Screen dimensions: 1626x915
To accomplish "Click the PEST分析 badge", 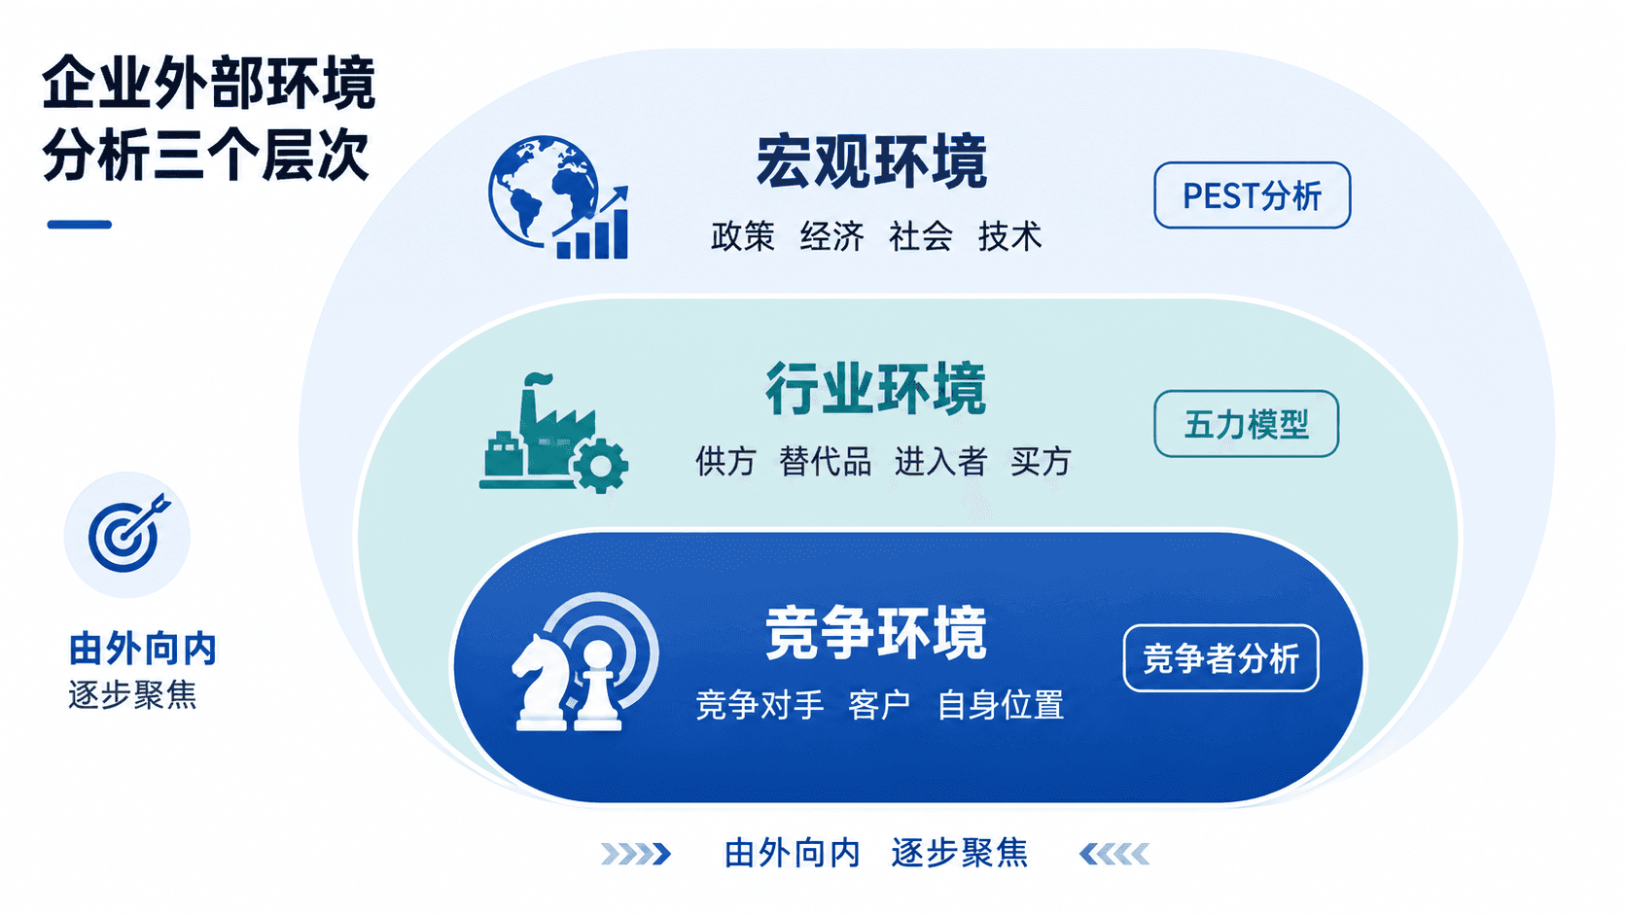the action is (1253, 195).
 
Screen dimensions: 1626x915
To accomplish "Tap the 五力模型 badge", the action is (1247, 424).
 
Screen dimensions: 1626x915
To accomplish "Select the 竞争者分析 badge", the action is (1220, 658).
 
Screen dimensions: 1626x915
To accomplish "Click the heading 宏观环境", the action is (871, 161).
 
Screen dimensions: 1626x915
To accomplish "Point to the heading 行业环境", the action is (876, 389).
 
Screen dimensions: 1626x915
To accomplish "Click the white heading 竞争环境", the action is (876, 633).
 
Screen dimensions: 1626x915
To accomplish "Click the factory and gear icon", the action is (554, 434).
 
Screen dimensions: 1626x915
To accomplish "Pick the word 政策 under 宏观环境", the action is (743, 236).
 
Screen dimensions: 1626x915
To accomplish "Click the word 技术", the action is (1009, 236).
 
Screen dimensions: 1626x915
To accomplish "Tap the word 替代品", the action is (826, 462).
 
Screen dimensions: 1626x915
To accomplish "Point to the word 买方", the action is (1041, 462).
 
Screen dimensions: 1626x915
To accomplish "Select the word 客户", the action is (879, 705).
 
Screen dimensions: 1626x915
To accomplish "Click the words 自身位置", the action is (1001, 705).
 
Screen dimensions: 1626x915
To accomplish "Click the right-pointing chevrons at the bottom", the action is (636, 854).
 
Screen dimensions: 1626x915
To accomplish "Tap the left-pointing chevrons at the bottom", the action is (1114, 854).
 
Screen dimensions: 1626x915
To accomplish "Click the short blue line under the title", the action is (79, 225).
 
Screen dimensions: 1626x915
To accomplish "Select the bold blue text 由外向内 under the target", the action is (143, 649).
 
